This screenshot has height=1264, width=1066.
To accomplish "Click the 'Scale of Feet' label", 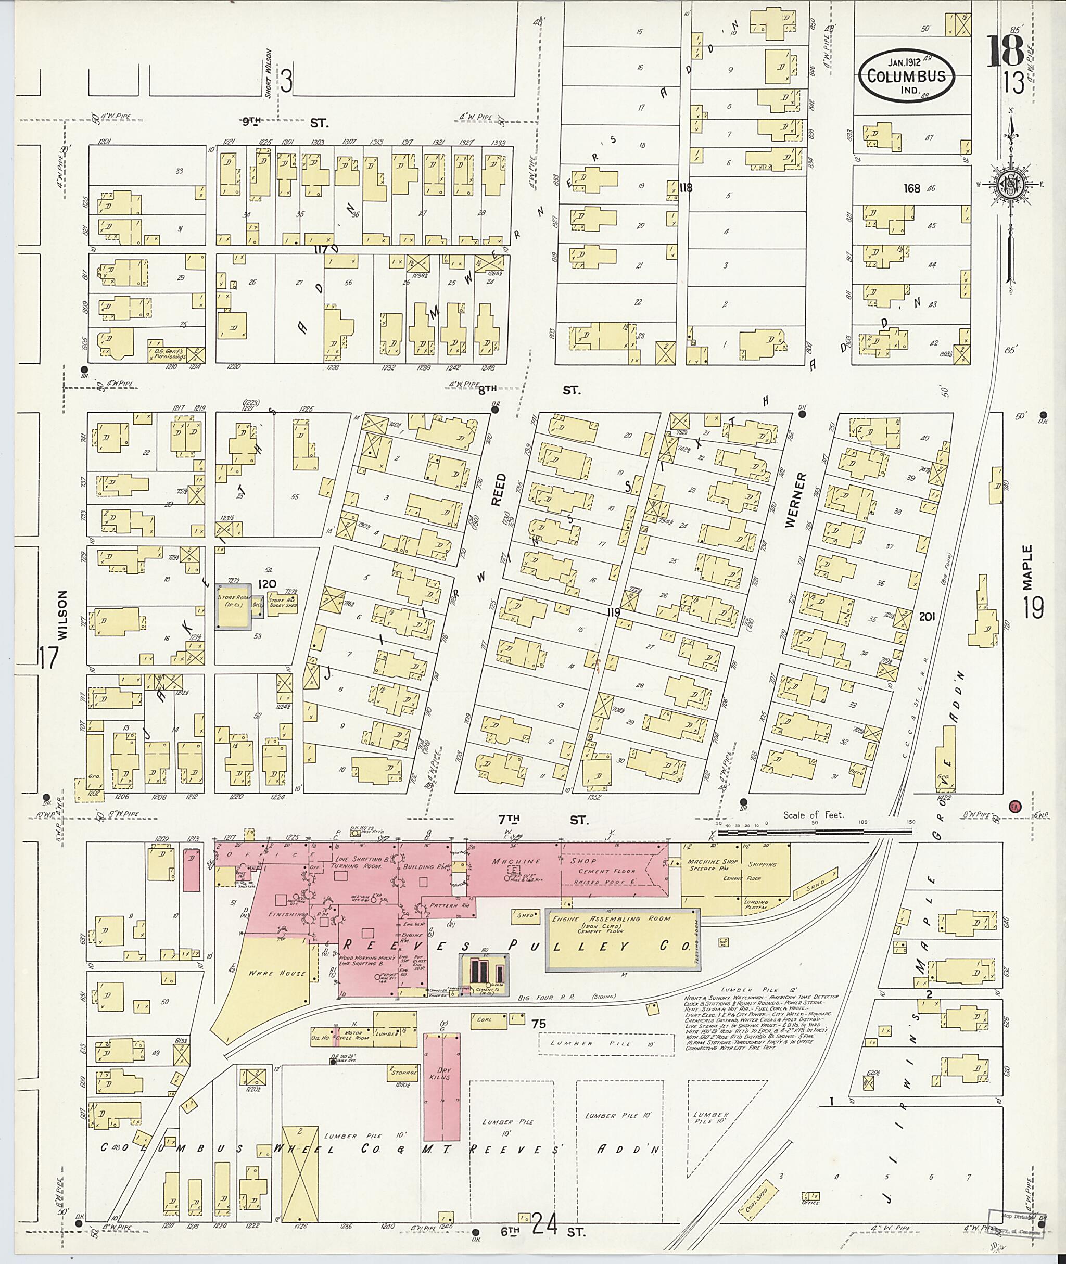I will click(x=814, y=815).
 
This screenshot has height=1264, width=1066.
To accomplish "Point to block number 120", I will click(x=266, y=584).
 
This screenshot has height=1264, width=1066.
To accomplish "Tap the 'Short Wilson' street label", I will click(x=268, y=72).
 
